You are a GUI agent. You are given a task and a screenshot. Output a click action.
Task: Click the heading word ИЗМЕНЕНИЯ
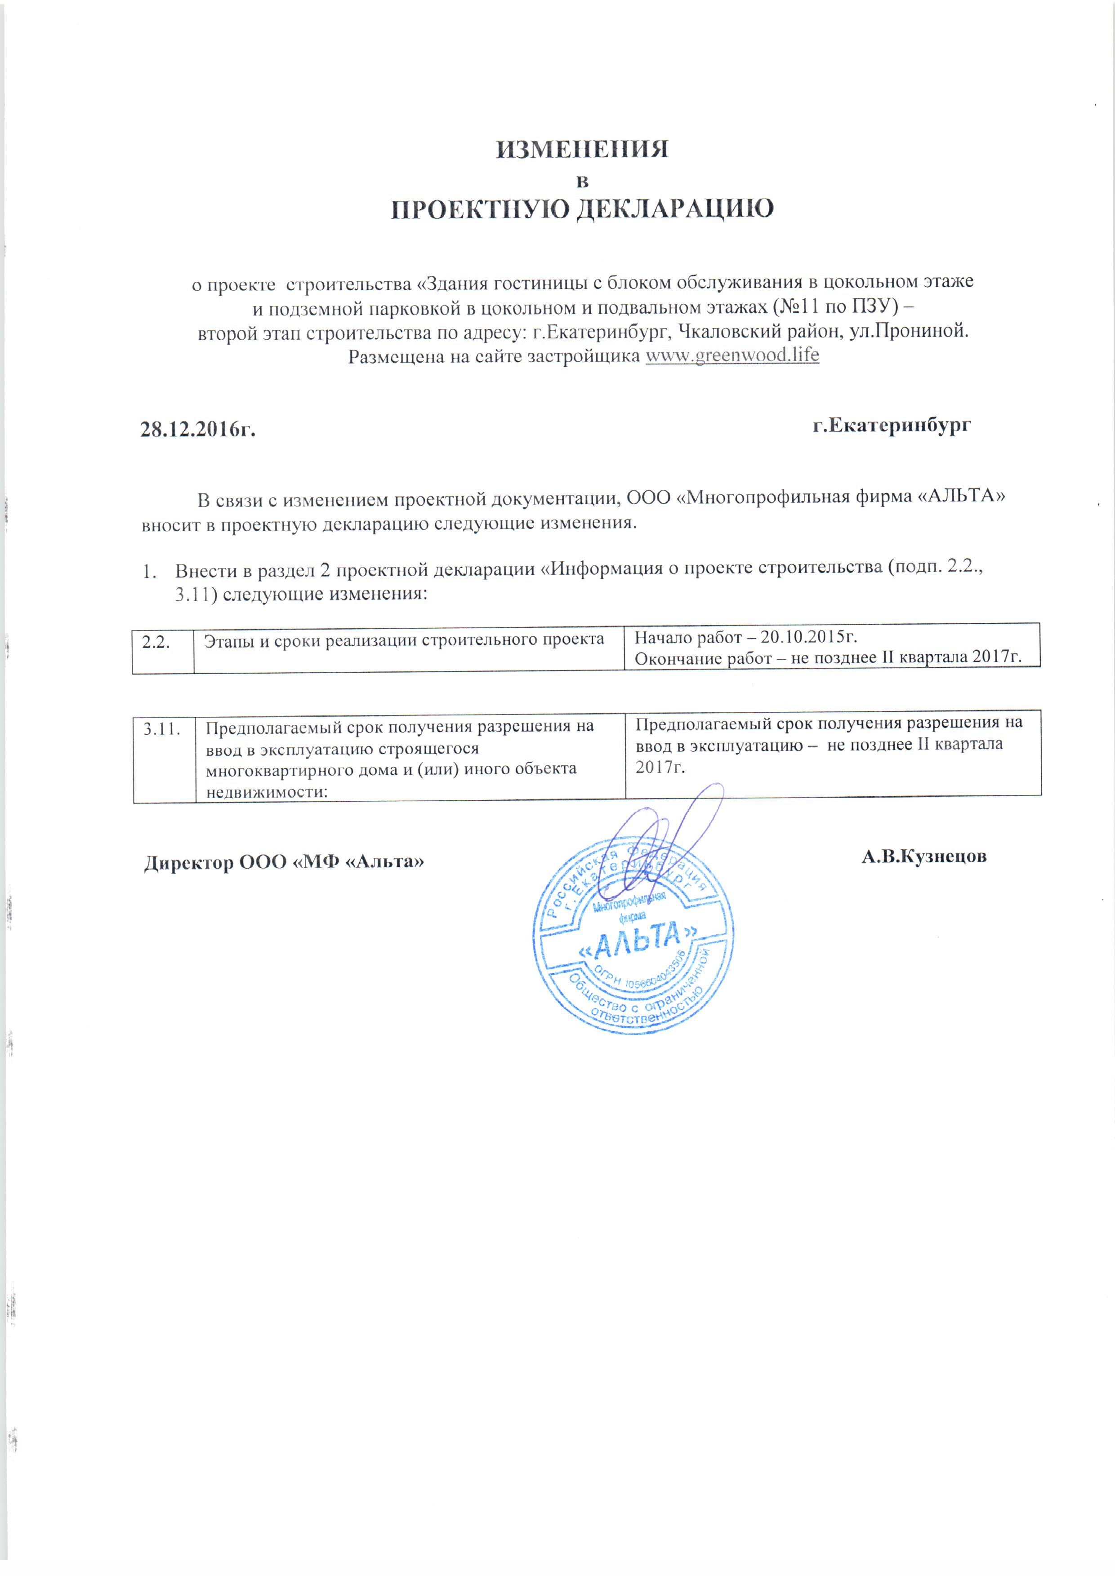581,150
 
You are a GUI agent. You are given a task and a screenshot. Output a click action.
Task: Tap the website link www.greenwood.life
732,355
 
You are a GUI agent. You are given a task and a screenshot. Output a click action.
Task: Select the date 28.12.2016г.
198,430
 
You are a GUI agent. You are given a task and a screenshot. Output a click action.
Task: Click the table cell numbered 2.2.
156,642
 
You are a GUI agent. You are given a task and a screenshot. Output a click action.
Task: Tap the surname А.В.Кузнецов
924,856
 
